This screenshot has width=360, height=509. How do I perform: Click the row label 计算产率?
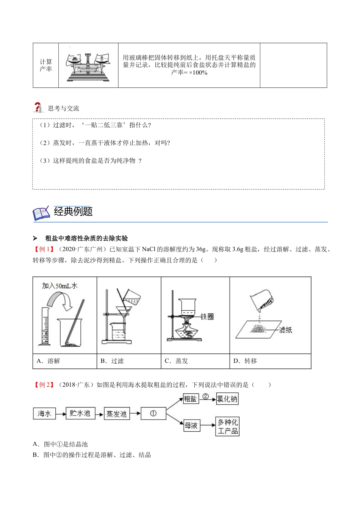pos(46,66)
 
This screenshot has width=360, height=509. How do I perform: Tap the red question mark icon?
pos(38,108)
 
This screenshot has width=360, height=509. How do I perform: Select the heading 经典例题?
pos(73,211)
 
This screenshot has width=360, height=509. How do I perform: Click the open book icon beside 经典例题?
pos(41,213)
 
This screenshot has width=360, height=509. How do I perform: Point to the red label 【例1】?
pos(44,249)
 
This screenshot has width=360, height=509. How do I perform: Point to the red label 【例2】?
pos(44,385)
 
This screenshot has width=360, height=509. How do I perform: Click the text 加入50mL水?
pos(60,286)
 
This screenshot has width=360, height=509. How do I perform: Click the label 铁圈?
pos(207,316)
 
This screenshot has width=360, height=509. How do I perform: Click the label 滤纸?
pos(285,330)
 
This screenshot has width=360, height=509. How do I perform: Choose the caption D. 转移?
pos(245,361)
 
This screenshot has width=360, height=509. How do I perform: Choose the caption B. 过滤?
pos(112,361)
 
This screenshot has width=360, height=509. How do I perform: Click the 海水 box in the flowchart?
pos(44,414)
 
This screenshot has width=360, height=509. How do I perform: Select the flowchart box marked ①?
pos(153,414)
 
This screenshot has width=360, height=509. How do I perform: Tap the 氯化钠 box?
pos(227,399)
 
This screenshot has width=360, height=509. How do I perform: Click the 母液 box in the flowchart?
pos(191,426)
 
